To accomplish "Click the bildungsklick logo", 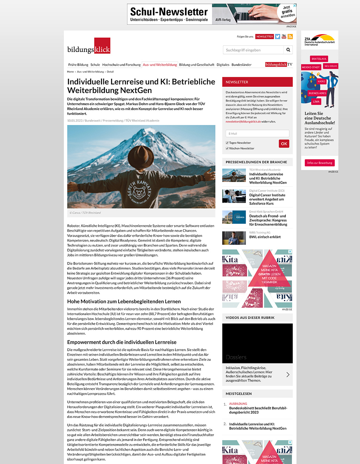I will click(x=89, y=46).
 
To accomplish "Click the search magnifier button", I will click(x=288, y=50).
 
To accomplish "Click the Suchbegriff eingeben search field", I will click(x=253, y=50).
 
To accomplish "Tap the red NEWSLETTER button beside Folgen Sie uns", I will click(x=264, y=37).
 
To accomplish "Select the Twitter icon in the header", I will click(x=278, y=37).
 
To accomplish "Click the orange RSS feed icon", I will click(x=290, y=37).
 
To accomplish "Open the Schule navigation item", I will click(x=95, y=65).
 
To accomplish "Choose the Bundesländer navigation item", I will click(x=242, y=65).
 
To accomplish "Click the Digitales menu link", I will click(x=223, y=65).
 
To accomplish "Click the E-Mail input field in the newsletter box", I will click(x=257, y=133).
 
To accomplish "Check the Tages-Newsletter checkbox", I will click(x=227, y=143).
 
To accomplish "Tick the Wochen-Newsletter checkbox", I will click(x=227, y=148).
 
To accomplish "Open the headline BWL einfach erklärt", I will click(x=265, y=237).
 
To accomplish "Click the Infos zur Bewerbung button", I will click(x=320, y=163).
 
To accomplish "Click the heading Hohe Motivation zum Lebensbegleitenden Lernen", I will click(x=124, y=301).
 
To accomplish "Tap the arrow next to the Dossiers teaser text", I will click(x=288, y=374).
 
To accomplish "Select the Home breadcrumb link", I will click(x=70, y=72).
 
